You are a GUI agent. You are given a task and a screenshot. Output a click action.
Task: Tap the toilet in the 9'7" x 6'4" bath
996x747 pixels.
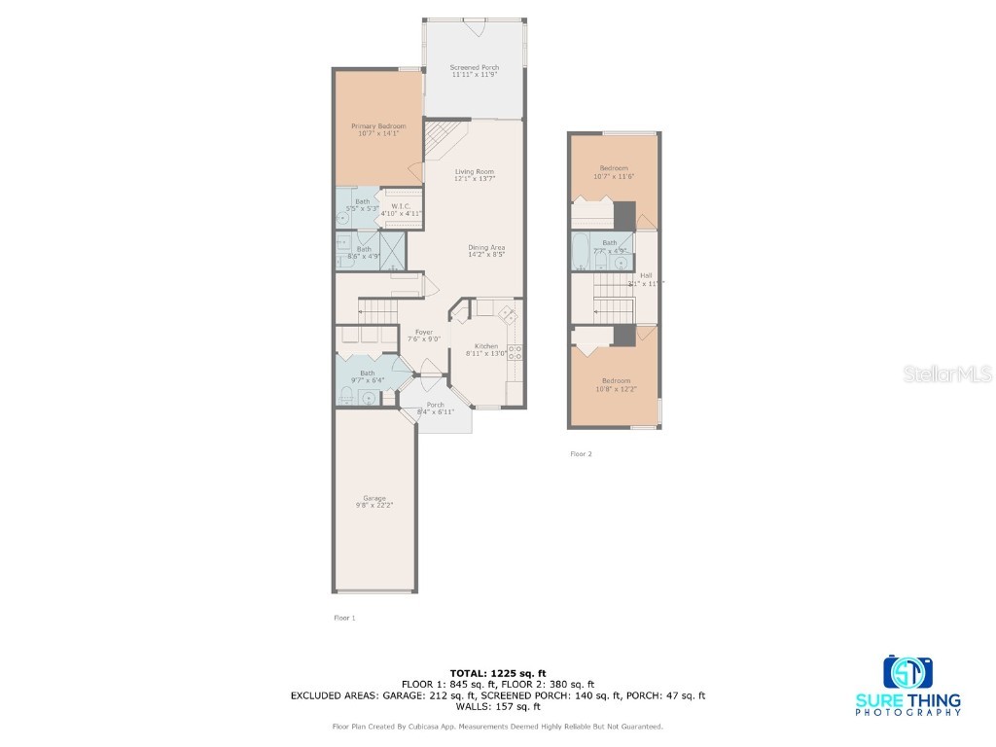pyautogui.click(x=345, y=395)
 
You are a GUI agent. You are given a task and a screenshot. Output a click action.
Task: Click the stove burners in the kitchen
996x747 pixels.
pyautogui.click(x=515, y=352)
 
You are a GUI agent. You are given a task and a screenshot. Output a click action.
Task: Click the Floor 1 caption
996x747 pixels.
pyautogui.click(x=344, y=618)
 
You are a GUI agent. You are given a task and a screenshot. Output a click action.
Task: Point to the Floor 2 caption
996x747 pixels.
pyautogui.click(x=580, y=453)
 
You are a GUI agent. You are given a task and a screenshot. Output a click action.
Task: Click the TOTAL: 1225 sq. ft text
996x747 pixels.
pyautogui.click(x=497, y=673)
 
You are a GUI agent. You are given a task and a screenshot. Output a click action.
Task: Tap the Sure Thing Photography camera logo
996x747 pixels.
pyautogui.click(x=907, y=671)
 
